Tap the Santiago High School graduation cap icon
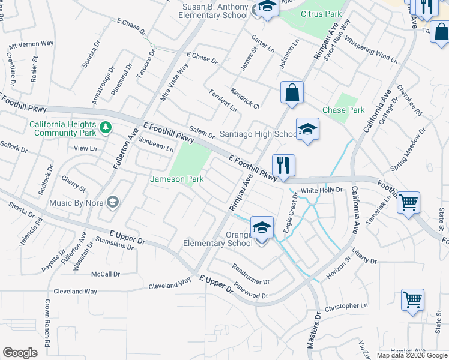coord(307,129)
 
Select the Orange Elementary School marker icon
coord(262,228)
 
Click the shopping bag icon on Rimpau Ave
coord(292,92)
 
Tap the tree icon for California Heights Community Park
coord(106,127)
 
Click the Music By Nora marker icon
coord(112,202)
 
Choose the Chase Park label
coord(343,110)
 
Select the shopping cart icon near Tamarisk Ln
coord(408,203)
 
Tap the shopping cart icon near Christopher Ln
coord(412,299)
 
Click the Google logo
coord(20,353)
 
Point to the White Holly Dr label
coord(321,190)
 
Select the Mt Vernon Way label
coord(31,44)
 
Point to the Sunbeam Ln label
coord(156,144)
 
